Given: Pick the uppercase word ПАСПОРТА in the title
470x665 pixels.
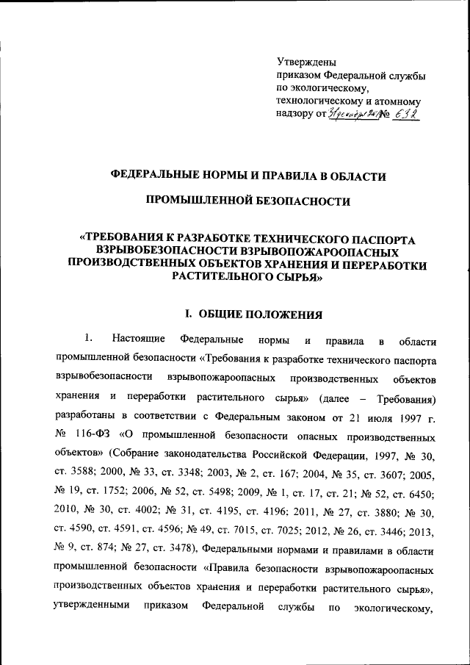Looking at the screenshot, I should (380, 240).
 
